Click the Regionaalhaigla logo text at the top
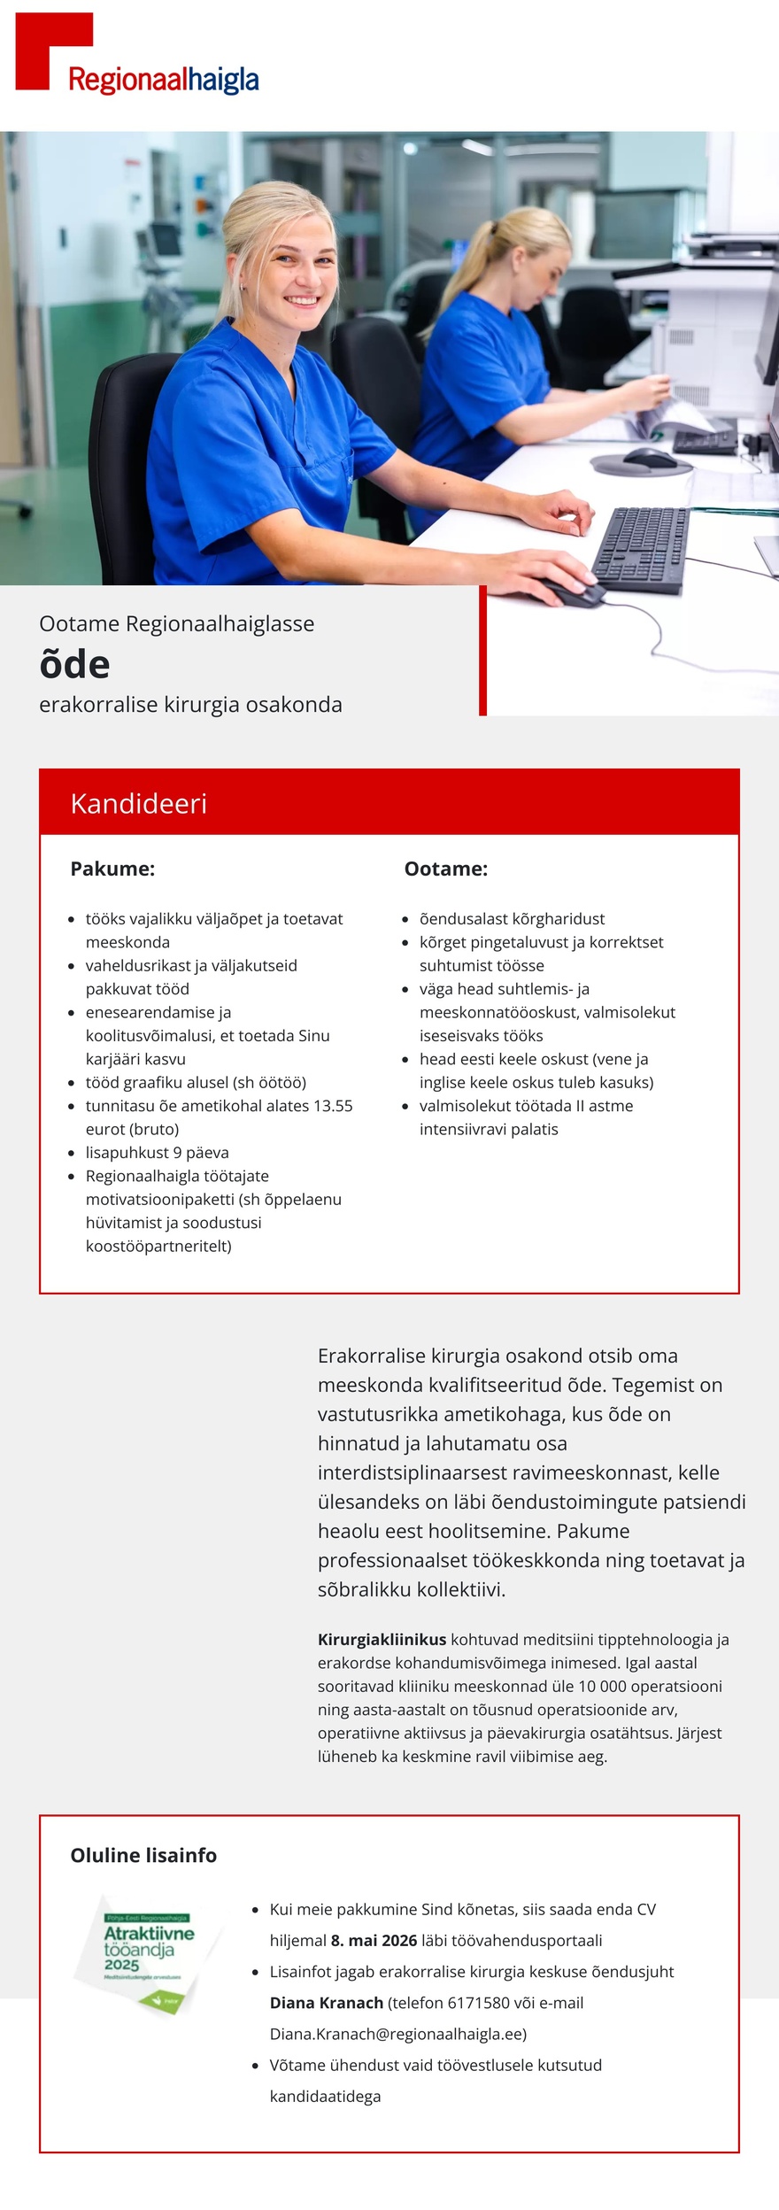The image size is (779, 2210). (164, 81)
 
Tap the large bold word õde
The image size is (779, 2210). (74, 665)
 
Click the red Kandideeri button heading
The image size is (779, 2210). (139, 803)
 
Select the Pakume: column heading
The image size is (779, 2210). (112, 869)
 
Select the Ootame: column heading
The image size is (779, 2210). (445, 869)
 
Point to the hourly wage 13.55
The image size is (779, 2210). (333, 1106)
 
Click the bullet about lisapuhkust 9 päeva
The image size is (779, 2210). (157, 1153)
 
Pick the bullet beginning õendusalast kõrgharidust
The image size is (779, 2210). (512, 919)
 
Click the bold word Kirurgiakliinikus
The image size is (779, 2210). (382, 1640)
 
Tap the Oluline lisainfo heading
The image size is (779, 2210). (143, 1855)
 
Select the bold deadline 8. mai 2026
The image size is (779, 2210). (374, 1941)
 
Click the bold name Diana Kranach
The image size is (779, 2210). (326, 2003)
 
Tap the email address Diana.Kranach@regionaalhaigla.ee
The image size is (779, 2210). (397, 2034)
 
